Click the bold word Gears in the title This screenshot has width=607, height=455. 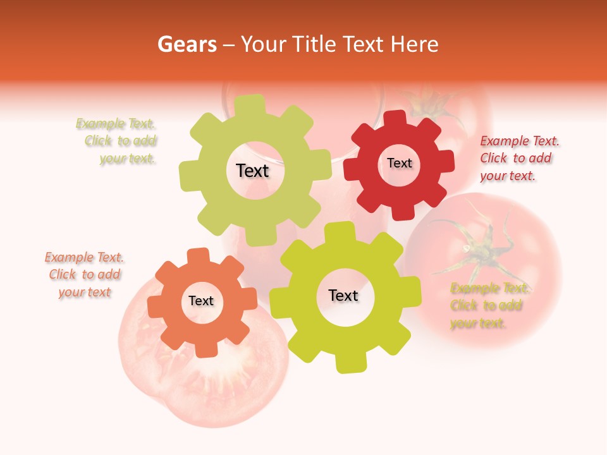coord(187,44)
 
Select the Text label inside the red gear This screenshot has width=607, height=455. coord(399,163)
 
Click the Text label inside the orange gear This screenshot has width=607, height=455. coord(201,301)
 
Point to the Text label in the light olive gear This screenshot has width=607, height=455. coord(252,171)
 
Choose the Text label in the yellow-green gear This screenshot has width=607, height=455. coord(343,295)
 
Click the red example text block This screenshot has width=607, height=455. coord(519,158)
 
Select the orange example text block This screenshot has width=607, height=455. coord(85,274)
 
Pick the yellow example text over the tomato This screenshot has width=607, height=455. coord(488,306)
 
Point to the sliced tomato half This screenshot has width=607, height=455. coord(202,373)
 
